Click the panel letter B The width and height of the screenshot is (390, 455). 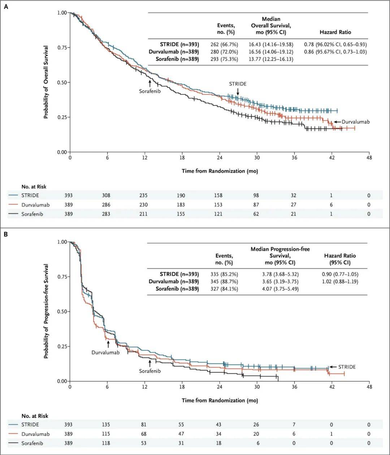click(6, 234)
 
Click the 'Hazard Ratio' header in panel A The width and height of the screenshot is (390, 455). click(335, 32)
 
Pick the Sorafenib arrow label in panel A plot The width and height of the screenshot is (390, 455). click(150, 91)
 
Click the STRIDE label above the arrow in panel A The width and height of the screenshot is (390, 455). click(238, 84)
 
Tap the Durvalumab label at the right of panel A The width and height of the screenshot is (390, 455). click(355, 122)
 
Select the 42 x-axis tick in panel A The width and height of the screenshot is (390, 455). click(331, 158)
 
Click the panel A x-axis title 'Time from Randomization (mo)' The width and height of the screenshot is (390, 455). click(220, 171)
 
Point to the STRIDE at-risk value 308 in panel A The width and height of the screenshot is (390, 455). click(106, 195)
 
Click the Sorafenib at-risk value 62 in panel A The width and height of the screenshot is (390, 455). click(256, 214)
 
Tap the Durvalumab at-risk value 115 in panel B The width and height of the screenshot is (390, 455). click(106, 434)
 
